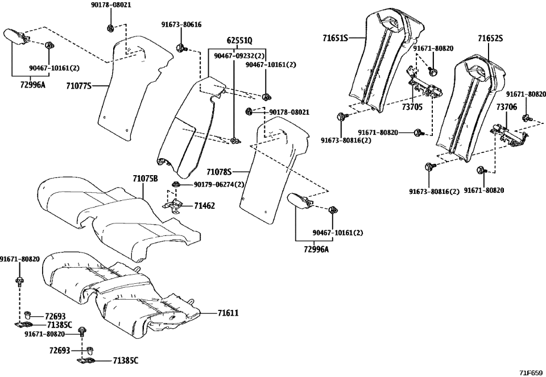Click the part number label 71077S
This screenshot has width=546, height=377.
[x=78, y=86]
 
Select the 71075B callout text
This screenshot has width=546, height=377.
[x=145, y=178]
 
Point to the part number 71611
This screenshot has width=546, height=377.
[x=227, y=313]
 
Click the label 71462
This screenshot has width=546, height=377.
[x=204, y=205]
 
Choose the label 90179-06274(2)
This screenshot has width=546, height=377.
[x=219, y=184]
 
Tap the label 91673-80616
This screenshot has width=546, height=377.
[x=181, y=25]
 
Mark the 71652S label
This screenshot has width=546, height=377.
[x=490, y=39]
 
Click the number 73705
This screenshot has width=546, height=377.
[x=412, y=106]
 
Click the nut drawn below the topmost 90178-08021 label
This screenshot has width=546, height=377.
[x=110, y=27]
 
